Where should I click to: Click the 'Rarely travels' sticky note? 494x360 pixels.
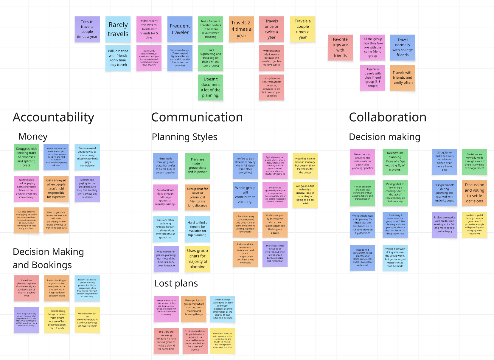point(118,29)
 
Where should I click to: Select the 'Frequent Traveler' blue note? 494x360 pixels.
point(180,29)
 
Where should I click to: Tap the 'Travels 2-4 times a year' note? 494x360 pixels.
point(241,29)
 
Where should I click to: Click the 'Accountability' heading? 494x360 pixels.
point(53,117)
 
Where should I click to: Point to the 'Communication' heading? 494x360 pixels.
point(197,117)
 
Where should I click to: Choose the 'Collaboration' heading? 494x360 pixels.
point(387,117)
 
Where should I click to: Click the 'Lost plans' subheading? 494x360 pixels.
point(176,283)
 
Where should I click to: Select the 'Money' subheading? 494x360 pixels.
point(33,136)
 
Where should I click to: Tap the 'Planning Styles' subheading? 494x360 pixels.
point(184,137)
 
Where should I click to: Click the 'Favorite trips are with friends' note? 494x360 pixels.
point(340,47)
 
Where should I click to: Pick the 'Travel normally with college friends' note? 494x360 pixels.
point(403,47)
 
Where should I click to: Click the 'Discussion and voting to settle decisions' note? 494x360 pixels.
point(474,193)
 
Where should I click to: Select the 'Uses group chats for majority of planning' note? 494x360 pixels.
point(197,259)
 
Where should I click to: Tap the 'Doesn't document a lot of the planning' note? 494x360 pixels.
point(211,87)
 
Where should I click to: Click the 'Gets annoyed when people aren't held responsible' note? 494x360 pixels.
point(56,188)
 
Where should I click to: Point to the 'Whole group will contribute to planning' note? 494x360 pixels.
point(245,195)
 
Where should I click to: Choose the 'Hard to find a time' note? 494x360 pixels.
point(197,229)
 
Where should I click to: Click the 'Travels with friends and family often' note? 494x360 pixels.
point(403,77)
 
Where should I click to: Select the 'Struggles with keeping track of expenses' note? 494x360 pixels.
point(26,157)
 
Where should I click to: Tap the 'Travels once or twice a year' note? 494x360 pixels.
point(271,29)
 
